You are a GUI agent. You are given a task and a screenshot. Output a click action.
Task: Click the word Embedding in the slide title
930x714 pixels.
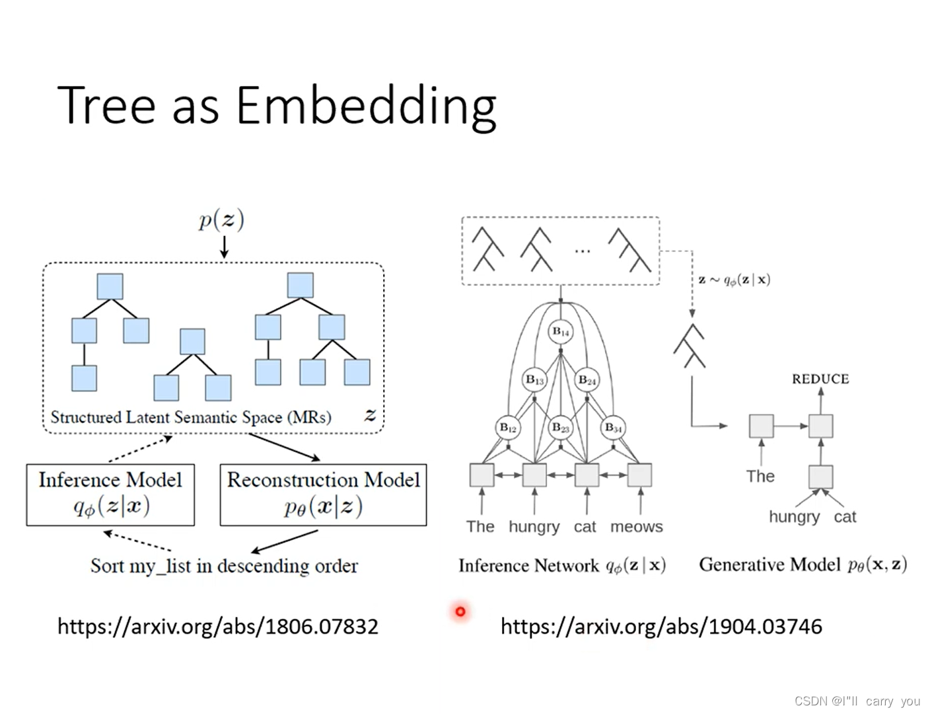366,106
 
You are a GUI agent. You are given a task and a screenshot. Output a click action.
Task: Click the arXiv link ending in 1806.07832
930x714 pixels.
217,626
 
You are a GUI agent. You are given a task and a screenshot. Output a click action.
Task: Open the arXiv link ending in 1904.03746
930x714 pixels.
661,626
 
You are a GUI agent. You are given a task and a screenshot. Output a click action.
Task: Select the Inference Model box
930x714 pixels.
110,495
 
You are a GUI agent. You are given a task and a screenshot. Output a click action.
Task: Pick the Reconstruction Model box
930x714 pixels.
323,495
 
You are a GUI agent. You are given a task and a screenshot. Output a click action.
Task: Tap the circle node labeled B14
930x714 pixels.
561,331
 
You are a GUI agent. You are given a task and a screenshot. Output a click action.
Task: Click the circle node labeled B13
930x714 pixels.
534,380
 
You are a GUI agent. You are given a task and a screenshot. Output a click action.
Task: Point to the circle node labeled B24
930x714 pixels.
587,380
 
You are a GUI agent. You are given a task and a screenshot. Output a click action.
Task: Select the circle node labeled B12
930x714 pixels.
508,428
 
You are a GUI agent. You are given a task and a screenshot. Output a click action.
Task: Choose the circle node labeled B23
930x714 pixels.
561,428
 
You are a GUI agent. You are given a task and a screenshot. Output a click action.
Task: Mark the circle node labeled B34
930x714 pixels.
614,428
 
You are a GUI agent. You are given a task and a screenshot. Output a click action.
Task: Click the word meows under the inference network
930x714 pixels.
636,527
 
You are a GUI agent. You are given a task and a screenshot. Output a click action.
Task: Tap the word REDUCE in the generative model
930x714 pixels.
820,379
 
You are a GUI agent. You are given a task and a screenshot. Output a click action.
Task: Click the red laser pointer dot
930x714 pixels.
460,612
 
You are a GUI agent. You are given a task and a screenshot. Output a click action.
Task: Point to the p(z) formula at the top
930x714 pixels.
222,219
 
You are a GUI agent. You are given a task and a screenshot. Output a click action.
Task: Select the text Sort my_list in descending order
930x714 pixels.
224,566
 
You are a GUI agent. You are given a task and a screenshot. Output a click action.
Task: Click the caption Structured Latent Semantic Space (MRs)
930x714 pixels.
191,417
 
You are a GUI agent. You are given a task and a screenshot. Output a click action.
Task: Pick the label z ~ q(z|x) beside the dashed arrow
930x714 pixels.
734,279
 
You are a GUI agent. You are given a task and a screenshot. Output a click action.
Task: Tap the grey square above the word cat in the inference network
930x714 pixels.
587,475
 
